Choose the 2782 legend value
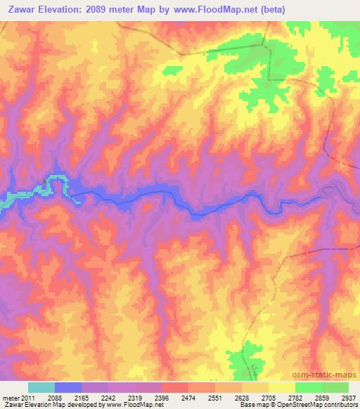click(x=295, y=398)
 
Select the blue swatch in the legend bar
click(x=68, y=387)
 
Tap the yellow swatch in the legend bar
click(x=281, y=387)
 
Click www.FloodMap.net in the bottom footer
click(x=135, y=405)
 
